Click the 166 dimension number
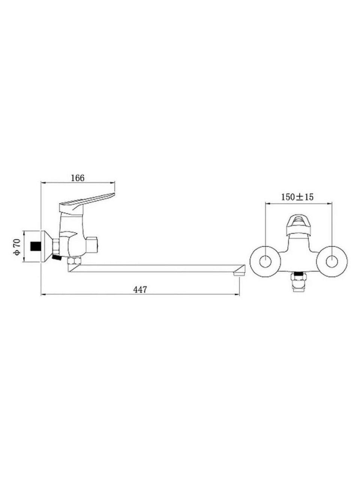78,178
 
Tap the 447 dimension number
140,290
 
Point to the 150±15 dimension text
297,197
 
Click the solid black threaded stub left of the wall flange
35,246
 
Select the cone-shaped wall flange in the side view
47,246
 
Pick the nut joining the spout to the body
74,261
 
